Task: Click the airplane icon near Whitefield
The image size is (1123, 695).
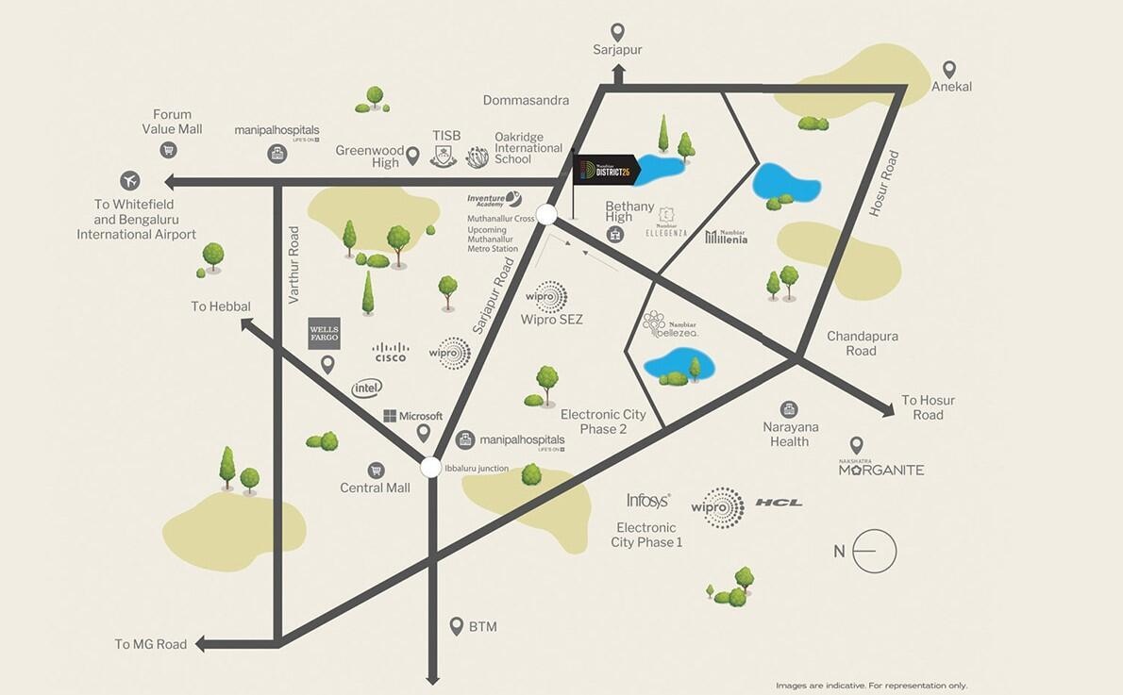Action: (130, 180)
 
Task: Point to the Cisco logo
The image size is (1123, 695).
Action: (391, 353)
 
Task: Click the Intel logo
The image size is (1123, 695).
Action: (367, 388)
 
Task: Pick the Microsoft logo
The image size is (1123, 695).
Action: (413, 416)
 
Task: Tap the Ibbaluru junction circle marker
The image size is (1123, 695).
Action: (430, 467)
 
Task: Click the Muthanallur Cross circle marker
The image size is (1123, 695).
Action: (546, 213)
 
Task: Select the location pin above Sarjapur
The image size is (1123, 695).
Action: (617, 32)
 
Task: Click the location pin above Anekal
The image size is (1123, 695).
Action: (950, 69)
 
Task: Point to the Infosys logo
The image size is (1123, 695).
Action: (648, 501)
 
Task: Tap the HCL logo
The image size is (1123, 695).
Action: (779, 503)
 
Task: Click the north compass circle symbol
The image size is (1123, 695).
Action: (875, 552)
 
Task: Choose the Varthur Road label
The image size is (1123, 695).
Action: (293, 264)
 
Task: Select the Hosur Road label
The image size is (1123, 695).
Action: (884, 185)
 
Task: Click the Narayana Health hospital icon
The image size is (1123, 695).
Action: (789, 409)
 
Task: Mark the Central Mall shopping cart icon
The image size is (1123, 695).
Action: (376, 470)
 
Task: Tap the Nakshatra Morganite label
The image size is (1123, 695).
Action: (881, 469)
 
